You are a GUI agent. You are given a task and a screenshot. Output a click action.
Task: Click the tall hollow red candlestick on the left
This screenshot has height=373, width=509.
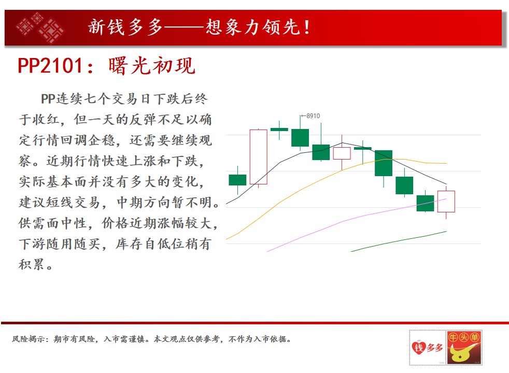pos(259,157)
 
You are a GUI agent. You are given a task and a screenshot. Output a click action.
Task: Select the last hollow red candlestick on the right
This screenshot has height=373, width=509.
pos(446,202)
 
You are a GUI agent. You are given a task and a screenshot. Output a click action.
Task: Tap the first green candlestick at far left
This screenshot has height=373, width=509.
pos(237,180)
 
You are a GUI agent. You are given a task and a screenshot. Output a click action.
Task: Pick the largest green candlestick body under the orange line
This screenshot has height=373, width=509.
pos(384,163)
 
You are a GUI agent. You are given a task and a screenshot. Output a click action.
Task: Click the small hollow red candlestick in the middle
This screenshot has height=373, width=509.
pos(342,153)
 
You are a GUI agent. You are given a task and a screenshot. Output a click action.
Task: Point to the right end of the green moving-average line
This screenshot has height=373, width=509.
pos(447,231)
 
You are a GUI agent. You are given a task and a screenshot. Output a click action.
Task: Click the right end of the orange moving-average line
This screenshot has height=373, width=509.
pos(447,164)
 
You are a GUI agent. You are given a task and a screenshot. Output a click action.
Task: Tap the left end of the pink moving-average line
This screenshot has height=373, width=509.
pos(267,251)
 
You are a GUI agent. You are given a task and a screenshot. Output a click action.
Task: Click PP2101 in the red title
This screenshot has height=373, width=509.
pos(50,66)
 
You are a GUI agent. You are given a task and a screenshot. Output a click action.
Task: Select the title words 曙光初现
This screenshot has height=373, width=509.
pos(152,66)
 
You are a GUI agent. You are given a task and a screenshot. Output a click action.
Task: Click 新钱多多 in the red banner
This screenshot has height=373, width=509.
pos(125,27)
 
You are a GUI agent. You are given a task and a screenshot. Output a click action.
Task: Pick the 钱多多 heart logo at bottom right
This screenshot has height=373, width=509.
pos(428,348)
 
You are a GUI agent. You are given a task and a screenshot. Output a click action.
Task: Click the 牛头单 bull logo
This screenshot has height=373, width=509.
pos(464,348)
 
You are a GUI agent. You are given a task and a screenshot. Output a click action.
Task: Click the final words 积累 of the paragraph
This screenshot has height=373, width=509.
pos(31,265)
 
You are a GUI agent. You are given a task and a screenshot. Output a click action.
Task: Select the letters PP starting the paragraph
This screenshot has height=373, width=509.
pos(48,99)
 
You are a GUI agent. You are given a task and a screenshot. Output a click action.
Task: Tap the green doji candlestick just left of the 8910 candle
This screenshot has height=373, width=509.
pos(279,130)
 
